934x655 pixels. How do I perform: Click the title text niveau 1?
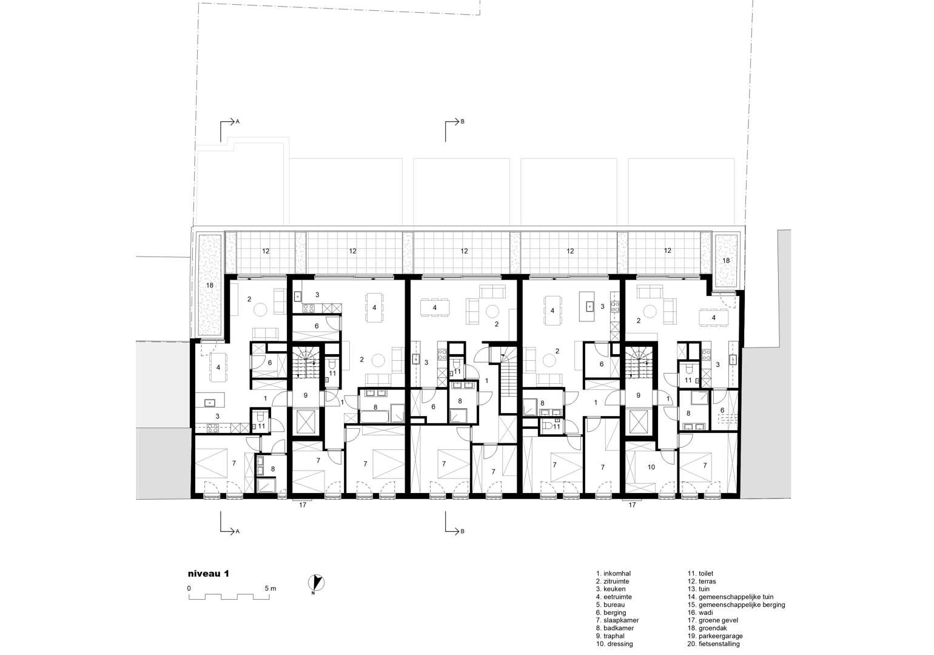(x=209, y=574)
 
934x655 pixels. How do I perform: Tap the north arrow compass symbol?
(x=317, y=583)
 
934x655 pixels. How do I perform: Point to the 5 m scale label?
(x=270, y=589)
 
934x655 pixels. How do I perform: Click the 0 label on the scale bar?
(x=189, y=589)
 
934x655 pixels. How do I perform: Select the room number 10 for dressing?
(x=651, y=468)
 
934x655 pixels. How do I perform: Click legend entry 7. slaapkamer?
(x=617, y=620)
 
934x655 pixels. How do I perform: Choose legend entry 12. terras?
(x=702, y=581)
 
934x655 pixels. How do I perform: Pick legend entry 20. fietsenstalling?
(x=714, y=644)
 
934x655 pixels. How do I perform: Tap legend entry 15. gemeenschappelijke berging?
(x=736, y=605)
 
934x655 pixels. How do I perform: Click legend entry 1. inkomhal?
(x=613, y=574)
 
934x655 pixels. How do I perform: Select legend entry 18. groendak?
(x=707, y=628)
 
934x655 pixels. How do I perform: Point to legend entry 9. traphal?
(x=610, y=636)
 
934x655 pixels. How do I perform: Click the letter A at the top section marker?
(x=238, y=122)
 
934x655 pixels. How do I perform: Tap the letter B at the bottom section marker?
(x=462, y=532)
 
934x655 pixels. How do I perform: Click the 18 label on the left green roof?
(x=210, y=285)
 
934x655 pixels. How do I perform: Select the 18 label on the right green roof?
(x=726, y=261)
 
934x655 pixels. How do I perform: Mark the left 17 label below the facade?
(x=303, y=505)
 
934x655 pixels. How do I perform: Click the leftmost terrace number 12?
(x=266, y=251)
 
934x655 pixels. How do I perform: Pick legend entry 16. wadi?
(x=700, y=613)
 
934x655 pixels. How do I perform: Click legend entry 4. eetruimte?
(x=614, y=597)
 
